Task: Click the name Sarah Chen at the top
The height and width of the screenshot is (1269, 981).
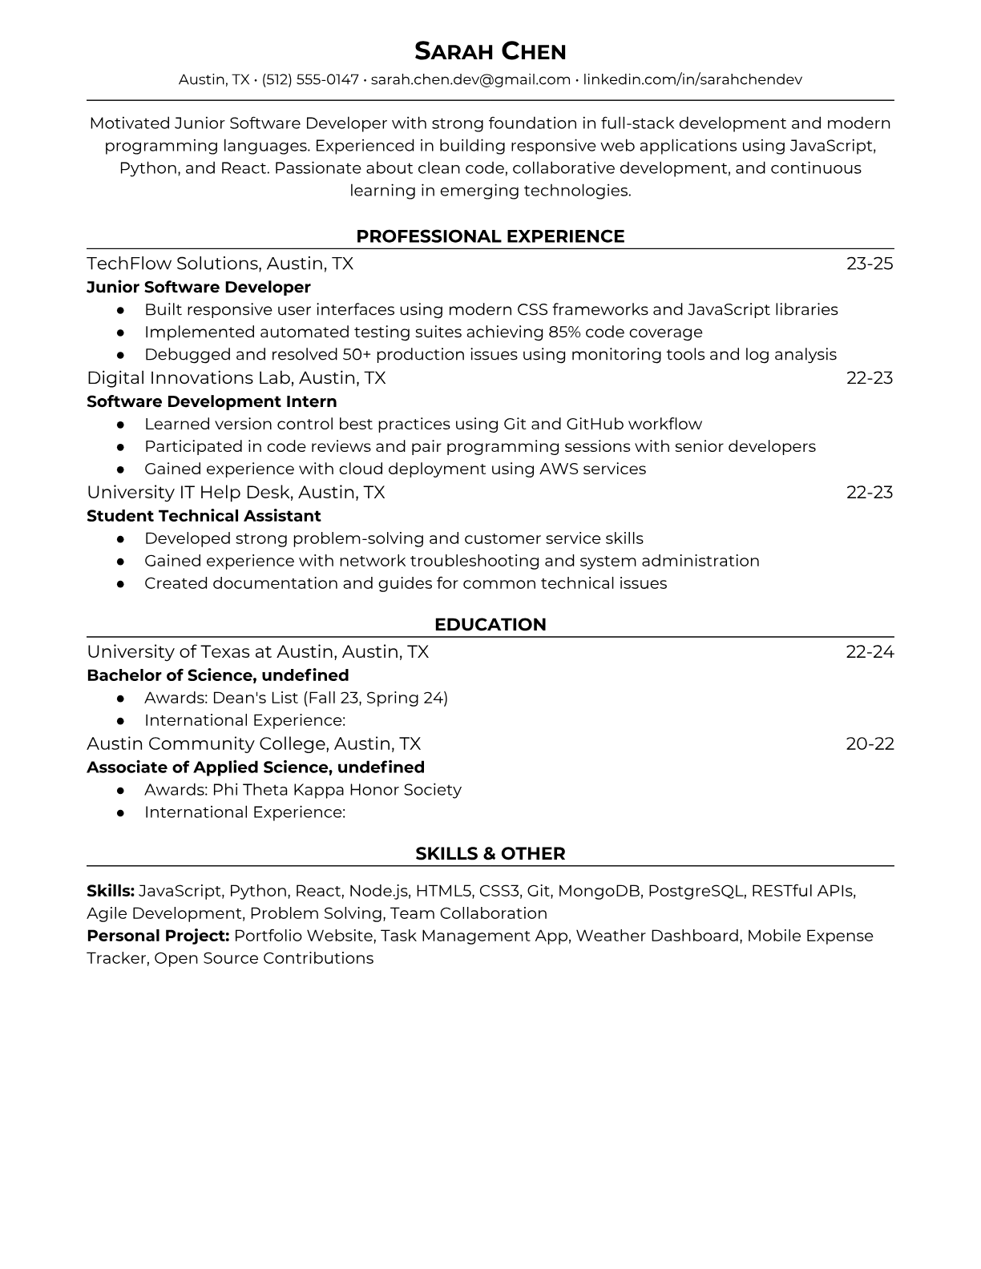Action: [490, 52]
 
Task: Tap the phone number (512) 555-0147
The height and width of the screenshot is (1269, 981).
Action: [310, 79]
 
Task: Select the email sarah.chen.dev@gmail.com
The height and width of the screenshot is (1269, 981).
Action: [470, 79]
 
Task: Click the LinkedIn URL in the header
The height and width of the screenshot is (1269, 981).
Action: [692, 79]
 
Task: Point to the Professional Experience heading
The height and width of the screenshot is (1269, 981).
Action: [490, 236]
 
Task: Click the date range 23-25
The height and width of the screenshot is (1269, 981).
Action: [870, 264]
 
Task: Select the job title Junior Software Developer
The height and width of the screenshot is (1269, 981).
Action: [198, 287]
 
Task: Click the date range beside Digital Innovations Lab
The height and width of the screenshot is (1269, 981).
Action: [870, 378]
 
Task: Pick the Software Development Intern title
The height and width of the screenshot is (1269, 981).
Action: [212, 401]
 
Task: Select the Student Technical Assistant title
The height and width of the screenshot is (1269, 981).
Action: [204, 516]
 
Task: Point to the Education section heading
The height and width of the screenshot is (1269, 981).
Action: [490, 625]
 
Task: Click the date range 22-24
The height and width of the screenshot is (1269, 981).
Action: [870, 652]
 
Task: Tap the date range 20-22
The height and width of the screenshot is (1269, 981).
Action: [870, 743]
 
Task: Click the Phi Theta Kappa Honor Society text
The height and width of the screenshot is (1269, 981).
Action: [337, 790]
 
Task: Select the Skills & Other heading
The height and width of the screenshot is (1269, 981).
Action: [490, 854]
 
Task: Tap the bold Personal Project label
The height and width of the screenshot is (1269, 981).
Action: [158, 936]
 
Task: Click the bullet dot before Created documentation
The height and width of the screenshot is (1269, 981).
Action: [120, 584]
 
